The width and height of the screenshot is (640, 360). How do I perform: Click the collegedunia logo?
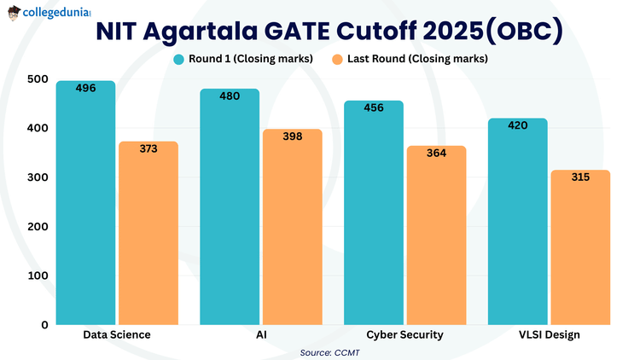tap(48, 12)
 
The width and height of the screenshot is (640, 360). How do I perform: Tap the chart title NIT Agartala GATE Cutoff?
tap(329, 33)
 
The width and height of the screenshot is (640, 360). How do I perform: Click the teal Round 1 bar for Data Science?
tap(85, 205)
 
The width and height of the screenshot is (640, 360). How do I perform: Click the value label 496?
tap(85, 89)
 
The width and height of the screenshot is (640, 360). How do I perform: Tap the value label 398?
tap(292, 137)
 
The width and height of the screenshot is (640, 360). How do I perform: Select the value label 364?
tap(436, 154)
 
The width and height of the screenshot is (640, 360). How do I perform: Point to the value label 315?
tap(580, 177)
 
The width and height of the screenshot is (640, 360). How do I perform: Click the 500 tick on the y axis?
tap(38, 79)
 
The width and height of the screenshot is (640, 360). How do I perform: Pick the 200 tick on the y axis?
tap(38, 226)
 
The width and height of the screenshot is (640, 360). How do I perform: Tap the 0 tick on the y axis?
tap(44, 325)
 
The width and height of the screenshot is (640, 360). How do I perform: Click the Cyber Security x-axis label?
tap(404, 335)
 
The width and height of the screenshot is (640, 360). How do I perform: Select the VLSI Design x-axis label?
tap(549, 335)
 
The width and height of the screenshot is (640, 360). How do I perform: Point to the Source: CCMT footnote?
tap(329, 351)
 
